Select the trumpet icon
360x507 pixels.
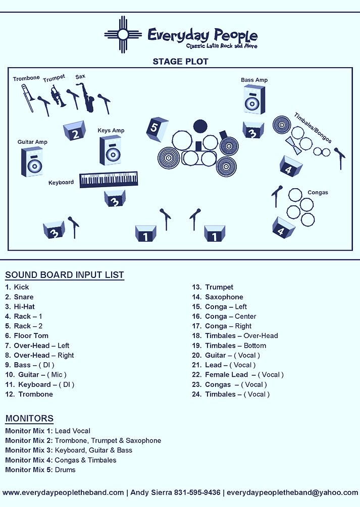57,95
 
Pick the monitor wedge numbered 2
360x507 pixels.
74,131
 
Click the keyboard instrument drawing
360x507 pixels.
109,179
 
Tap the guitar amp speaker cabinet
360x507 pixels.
32,161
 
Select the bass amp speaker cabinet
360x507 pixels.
254,99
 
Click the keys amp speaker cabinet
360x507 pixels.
110,150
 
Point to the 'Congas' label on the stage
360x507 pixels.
318,192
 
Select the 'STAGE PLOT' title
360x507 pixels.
180,62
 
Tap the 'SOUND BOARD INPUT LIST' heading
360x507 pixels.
65,275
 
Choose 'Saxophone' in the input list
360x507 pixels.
224,297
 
